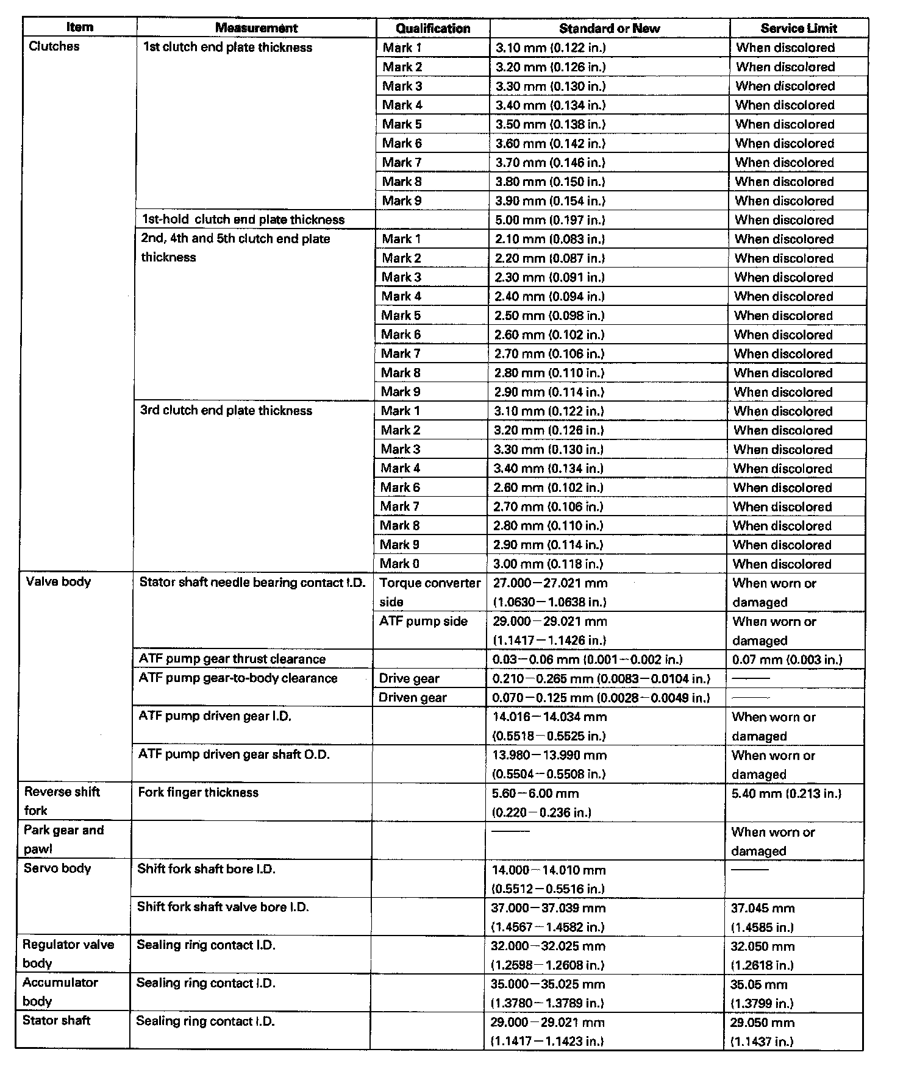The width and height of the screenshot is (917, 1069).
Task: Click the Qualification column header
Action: tap(433, 28)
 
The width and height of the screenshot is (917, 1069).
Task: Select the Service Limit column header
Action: tap(799, 28)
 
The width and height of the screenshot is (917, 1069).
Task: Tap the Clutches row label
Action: tap(54, 46)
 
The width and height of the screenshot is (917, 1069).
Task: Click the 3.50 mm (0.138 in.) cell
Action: tap(551, 124)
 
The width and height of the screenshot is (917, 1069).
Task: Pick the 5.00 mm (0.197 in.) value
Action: tap(550, 220)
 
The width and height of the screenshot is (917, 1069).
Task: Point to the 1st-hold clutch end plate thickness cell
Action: tap(243, 219)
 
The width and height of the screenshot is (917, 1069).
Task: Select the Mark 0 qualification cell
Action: tap(399, 564)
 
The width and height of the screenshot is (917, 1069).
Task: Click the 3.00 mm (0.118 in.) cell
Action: tap(549, 564)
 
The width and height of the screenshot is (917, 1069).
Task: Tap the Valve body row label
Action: tap(59, 581)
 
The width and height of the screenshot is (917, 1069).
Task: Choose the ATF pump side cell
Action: tap(423, 622)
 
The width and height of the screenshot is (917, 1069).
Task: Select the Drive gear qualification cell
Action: tap(409, 679)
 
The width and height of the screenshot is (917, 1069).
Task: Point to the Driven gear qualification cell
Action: tap(413, 698)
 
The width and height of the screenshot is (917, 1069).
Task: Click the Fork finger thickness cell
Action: tap(198, 792)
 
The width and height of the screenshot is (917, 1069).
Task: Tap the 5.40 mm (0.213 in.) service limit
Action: tap(786, 794)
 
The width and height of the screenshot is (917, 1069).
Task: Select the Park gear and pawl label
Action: tap(63, 839)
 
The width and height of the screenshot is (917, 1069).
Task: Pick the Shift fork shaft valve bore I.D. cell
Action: tap(223, 907)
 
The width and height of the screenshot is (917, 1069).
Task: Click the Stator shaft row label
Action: tap(56, 1020)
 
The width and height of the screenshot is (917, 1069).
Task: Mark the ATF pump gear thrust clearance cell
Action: tap(232, 659)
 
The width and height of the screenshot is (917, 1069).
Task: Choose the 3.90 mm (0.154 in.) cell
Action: tap(551, 201)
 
